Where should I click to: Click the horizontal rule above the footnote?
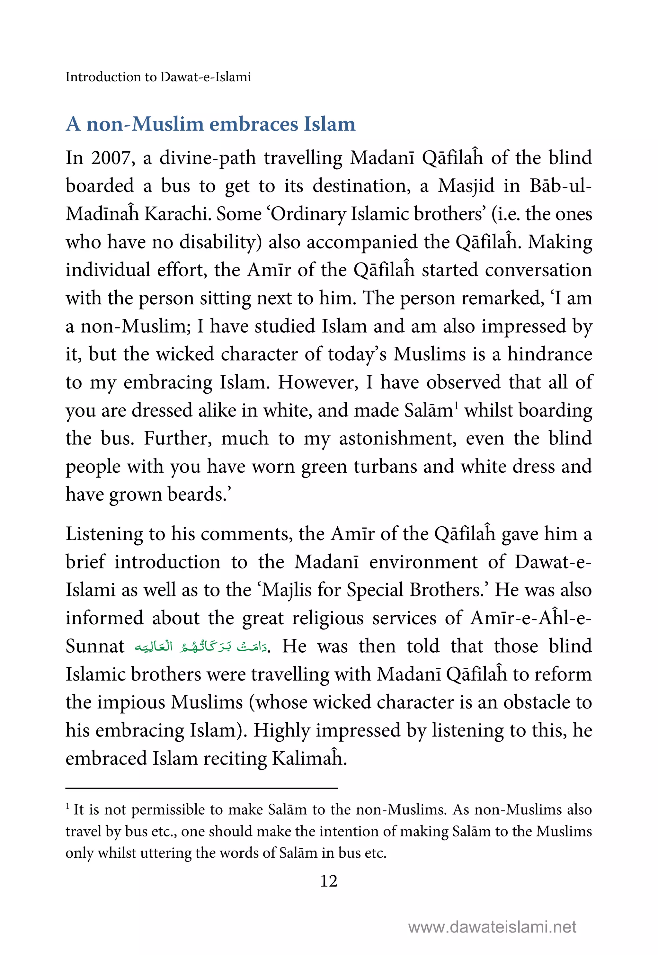tap(201, 789)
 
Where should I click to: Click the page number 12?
tap(329, 881)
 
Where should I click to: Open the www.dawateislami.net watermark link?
tap(492, 927)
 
